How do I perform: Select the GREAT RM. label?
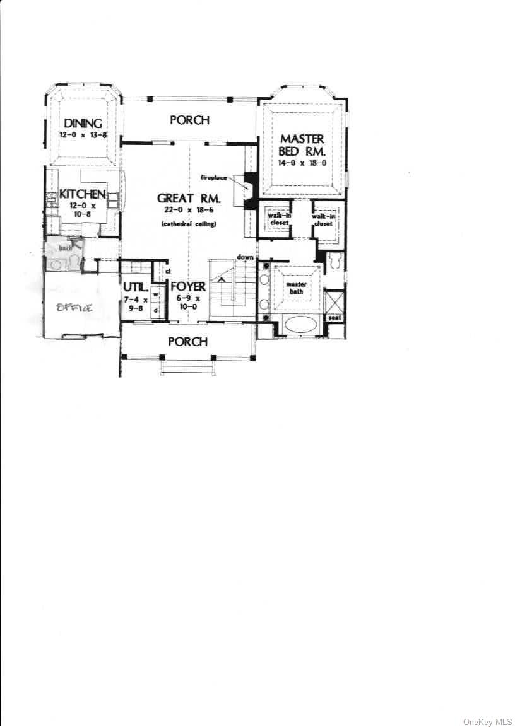click(x=189, y=199)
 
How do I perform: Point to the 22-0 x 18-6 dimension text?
click(x=189, y=211)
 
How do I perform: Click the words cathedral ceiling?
click(x=189, y=224)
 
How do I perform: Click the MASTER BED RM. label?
click(x=302, y=145)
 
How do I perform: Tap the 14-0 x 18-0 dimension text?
click(x=302, y=163)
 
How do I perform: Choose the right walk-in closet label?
click(x=323, y=219)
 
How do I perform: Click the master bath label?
click(x=297, y=288)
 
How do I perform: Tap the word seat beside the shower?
click(x=334, y=317)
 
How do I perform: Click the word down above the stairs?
click(x=246, y=257)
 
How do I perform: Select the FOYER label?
click(x=188, y=287)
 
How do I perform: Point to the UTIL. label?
click(x=136, y=287)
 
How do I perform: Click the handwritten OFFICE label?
click(x=75, y=308)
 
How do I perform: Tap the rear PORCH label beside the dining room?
click(x=189, y=120)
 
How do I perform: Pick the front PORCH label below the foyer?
click(x=188, y=341)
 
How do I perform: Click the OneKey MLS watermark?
click(x=488, y=721)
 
